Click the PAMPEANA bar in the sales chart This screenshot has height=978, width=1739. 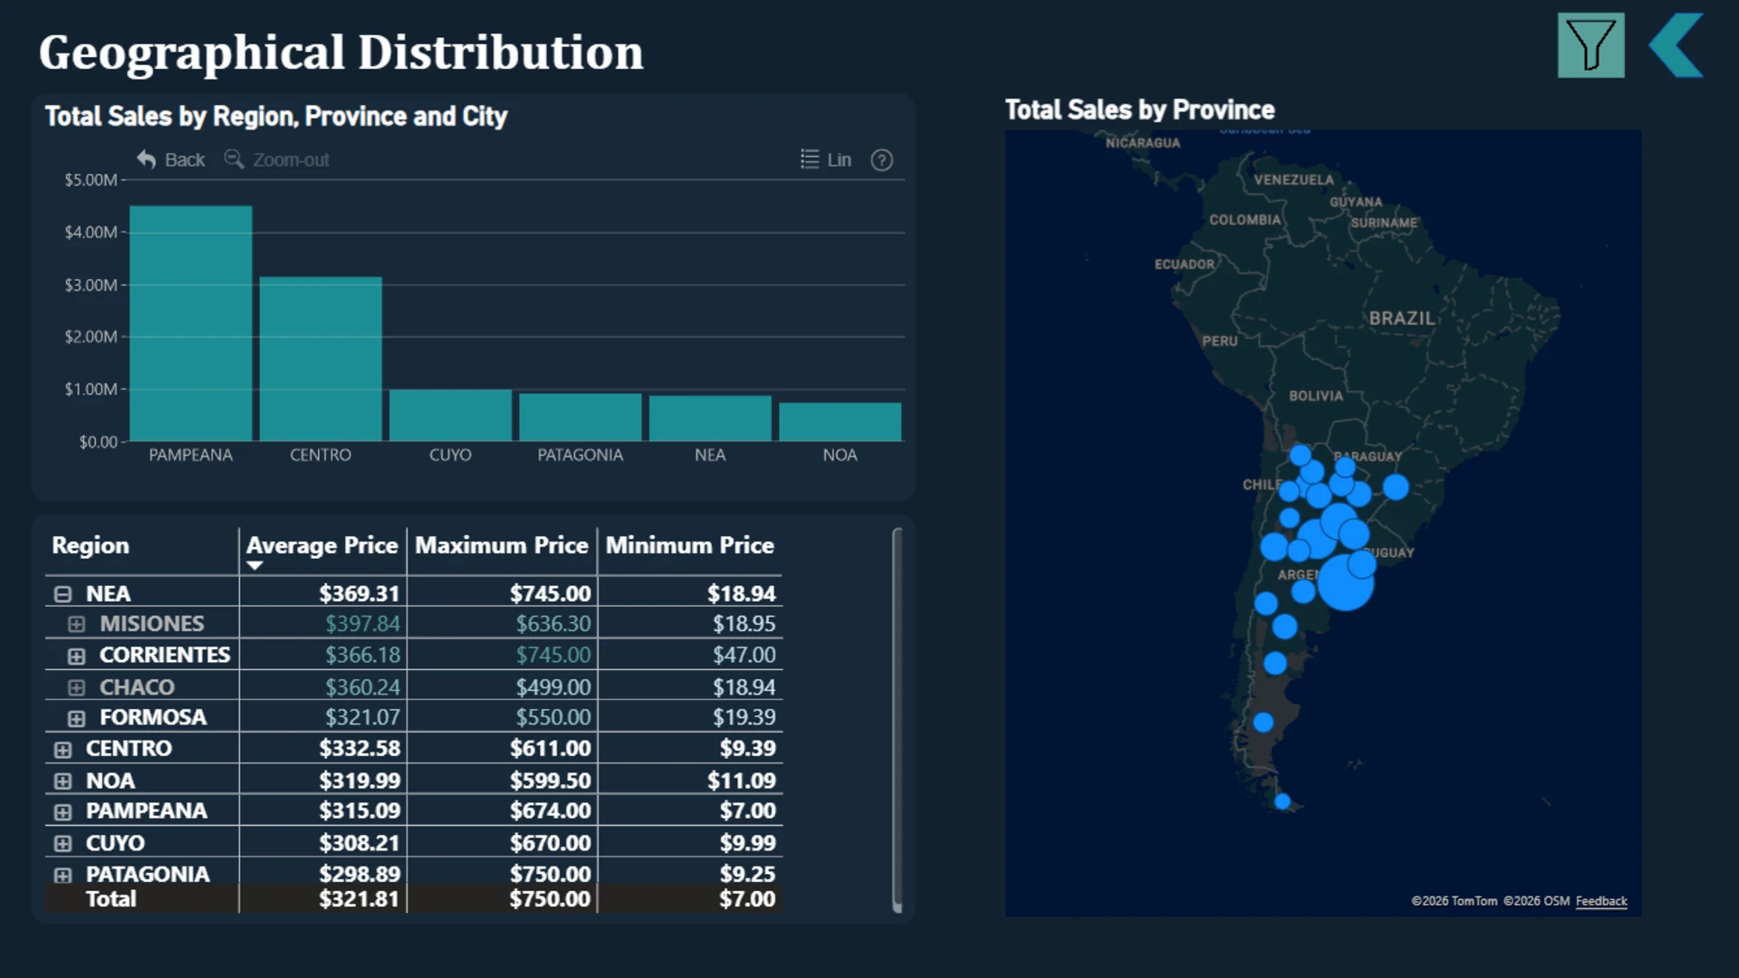pyautogui.click(x=191, y=323)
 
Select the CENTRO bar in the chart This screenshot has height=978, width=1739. pyautogui.click(x=321, y=359)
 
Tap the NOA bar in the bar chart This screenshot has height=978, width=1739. pyautogui.click(x=840, y=422)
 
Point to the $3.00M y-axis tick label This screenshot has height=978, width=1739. pyautogui.click(x=91, y=285)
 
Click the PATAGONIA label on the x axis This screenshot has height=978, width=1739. pyautogui.click(x=581, y=455)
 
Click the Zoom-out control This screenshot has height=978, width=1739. pyautogui.click(x=277, y=159)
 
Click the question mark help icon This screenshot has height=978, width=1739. pyautogui.click(x=881, y=160)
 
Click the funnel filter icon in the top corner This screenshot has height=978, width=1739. pyautogui.click(x=1591, y=45)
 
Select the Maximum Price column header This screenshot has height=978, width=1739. pyautogui.click(x=502, y=545)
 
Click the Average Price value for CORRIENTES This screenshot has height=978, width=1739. pyautogui.click(x=362, y=655)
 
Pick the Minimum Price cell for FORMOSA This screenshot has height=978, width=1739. pyautogui.click(x=744, y=717)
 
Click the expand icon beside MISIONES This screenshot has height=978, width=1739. pyautogui.click(x=76, y=624)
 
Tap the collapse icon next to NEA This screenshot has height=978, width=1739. pyautogui.click(x=62, y=594)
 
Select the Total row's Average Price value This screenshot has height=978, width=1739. pyautogui.click(x=359, y=899)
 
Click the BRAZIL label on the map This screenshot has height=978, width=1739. pyautogui.click(x=1401, y=319)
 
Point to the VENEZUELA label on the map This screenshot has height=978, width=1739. pyautogui.click(x=1293, y=179)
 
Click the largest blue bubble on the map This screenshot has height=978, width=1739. pyautogui.click(x=1346, y=582)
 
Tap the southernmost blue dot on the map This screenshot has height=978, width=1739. pyautogui.click(x=1283, y=801)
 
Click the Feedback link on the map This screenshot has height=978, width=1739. pyautogui.click(x=1601, y=901)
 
